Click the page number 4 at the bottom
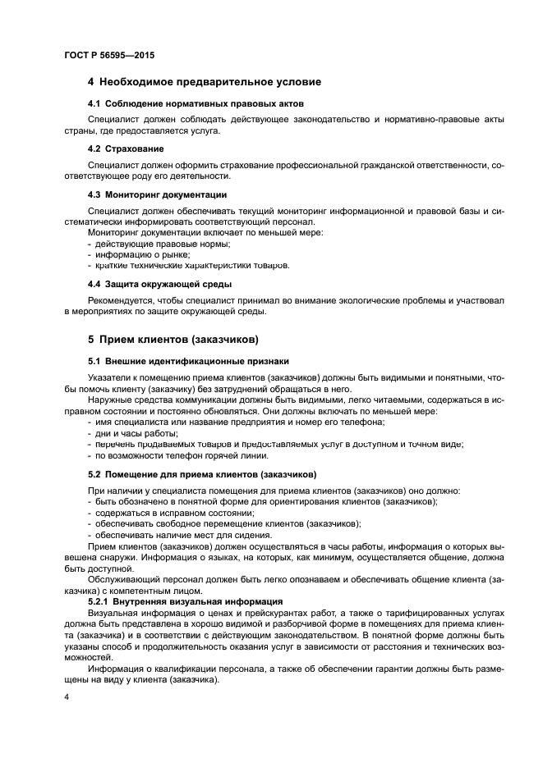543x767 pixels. pos(66,696)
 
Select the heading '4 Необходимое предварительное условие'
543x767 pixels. pos(204,82)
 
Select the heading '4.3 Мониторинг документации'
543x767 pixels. pos(157,194)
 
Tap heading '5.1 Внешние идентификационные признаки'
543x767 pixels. pos(187,361)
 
